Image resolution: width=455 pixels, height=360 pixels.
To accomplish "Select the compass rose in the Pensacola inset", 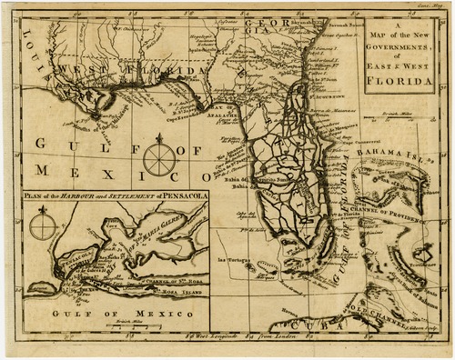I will (x=41, y=224).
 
